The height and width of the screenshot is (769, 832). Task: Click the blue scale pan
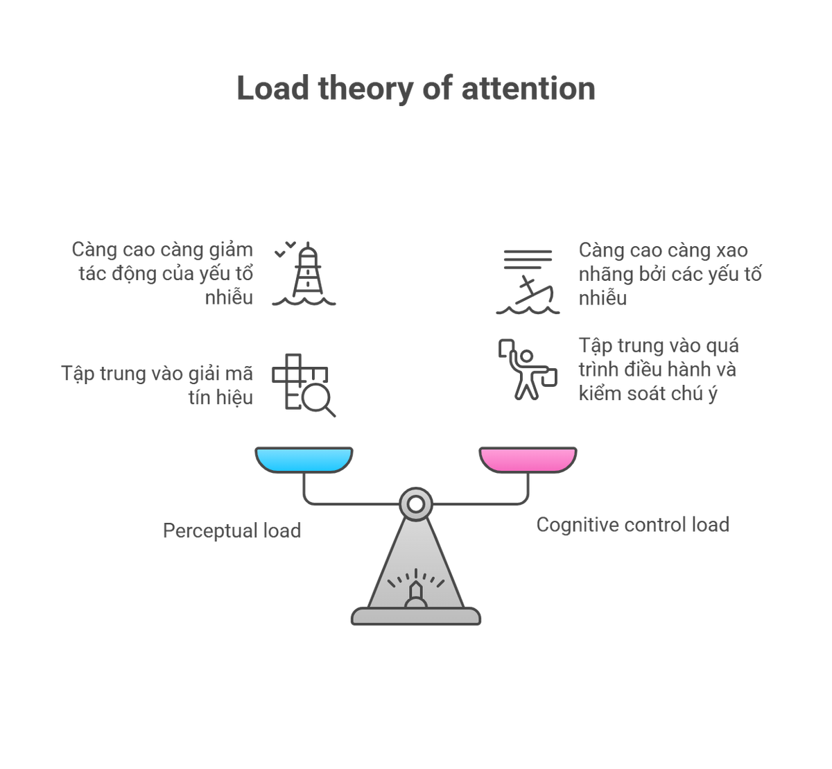304,458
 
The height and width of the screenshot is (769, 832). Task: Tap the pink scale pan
528,458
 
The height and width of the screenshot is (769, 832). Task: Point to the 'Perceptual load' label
232,531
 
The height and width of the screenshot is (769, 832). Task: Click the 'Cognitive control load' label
632,525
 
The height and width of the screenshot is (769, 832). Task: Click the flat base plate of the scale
416,616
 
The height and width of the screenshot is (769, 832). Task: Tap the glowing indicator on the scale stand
416,590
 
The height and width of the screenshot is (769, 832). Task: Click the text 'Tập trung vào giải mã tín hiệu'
157,385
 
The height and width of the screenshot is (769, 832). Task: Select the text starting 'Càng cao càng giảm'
164,273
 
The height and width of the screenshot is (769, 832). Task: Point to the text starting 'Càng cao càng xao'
670,273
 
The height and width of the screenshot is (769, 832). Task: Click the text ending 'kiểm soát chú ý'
658,369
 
